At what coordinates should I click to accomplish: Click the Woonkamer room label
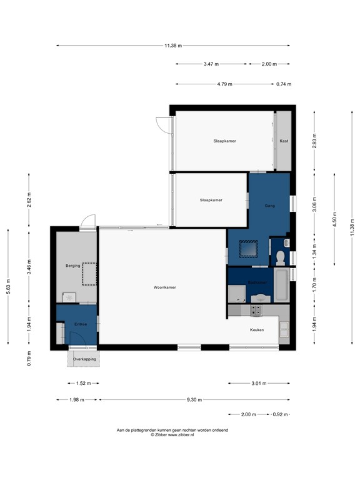click(x=164, y=287)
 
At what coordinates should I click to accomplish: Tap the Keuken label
click(x=257, y=329)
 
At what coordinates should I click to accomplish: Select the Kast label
click(x=284, y=141)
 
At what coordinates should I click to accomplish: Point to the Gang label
click(x=270, y=205)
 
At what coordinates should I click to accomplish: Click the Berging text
click(x=73, y=266)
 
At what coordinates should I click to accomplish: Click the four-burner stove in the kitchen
click(x=257, y=309)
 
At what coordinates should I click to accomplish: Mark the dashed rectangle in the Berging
click(x=89, y=274)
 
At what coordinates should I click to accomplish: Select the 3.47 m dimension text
click(x=211, y=64)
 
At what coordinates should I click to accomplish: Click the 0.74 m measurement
click(x=284, y=84)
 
